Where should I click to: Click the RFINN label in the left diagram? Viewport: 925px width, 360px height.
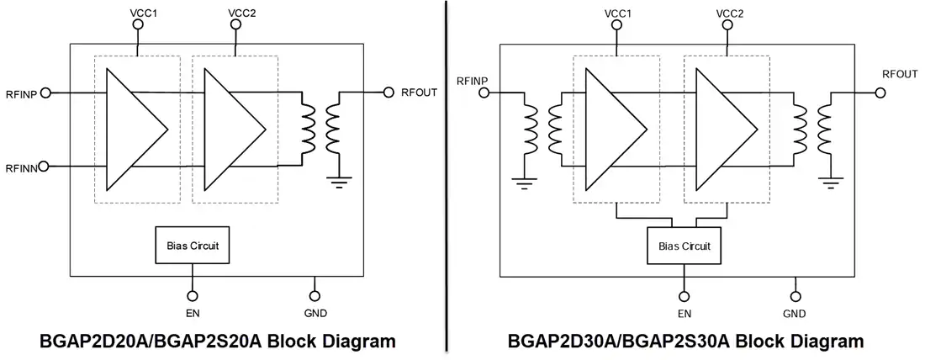click(21, 167)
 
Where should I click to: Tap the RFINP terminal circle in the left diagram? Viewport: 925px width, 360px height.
click(46, 93)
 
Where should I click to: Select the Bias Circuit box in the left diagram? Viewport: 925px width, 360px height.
click(192, 245)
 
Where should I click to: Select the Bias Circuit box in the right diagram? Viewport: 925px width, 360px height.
click(684, 245)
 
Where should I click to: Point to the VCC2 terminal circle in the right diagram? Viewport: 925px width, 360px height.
click(727, 24)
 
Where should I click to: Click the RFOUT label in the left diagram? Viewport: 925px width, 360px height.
click(419, 92)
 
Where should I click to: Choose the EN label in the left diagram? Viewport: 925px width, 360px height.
click(192, 313)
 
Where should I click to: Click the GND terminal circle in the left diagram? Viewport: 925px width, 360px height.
click(314, 296)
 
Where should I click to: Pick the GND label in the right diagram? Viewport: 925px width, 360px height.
click(795, 314)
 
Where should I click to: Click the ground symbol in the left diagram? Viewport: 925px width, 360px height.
click(339, 181)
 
